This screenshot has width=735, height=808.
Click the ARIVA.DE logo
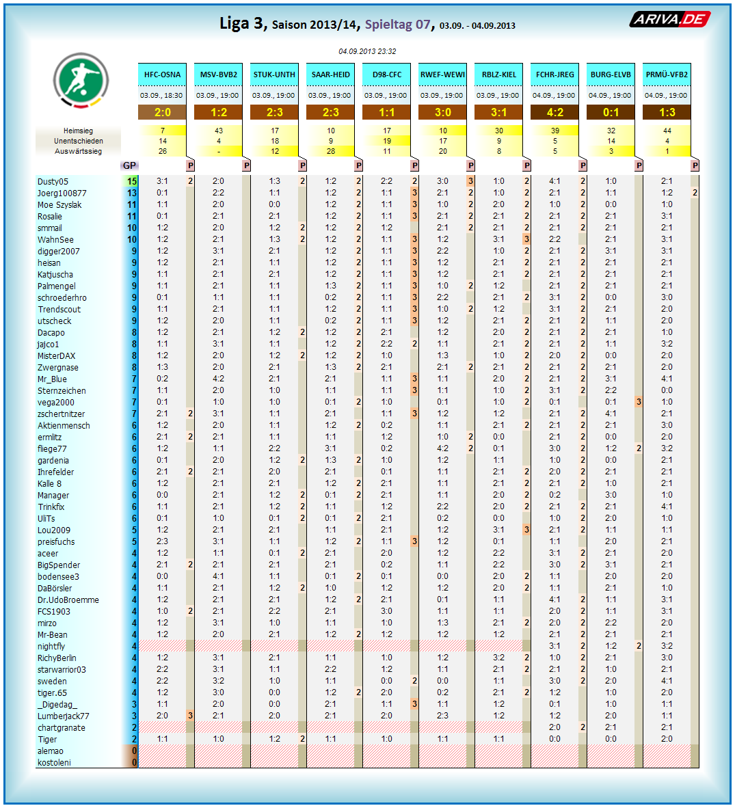click(x=669, y=19)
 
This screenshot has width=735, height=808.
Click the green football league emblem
click(x=81, y=79)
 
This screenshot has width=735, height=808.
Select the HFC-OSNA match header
click(x=163, y=75)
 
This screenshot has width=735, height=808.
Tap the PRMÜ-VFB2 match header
click(x=667, y=75)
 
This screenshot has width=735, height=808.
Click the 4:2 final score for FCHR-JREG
click(x=554, y=112)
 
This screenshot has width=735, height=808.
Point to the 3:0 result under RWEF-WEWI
click(x=442, y=112)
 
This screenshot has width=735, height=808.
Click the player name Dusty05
click(x=53, y=182)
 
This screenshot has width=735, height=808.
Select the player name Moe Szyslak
click(x=59, y=205)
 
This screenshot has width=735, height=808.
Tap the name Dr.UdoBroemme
click(x=68, y=600)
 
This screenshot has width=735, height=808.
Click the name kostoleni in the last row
click(x=54, y=763)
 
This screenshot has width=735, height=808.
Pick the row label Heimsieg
click(x=78, y=131)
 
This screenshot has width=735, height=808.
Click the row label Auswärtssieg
click(x=78, y=151)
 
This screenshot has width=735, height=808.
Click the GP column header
click(x=129, y=165)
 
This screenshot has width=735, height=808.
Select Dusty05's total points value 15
click(x=132, y=182)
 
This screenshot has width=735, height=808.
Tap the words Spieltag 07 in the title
click(x=397, y=25)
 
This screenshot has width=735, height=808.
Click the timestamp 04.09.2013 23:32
click(x=367, y=51)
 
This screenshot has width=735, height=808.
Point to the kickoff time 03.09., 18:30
click(x=162, y=95)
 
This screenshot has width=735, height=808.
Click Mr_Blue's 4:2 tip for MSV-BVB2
click(x=218, y=379)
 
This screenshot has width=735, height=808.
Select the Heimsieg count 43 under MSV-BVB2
click(x=218, y=131)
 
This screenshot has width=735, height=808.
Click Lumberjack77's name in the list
click(x=63, y=716)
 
